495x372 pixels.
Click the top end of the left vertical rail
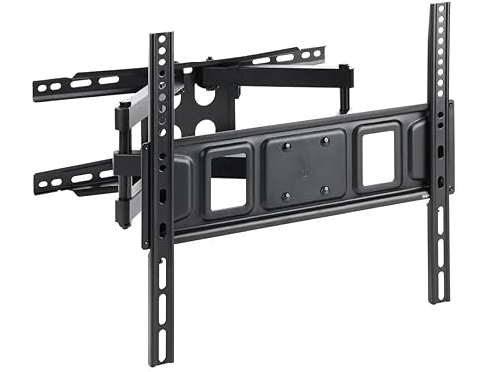pyautogui.click(x=161, y=38)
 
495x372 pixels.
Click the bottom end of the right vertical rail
pyautogui.click(x=439, y=297)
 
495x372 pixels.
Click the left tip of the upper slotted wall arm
pyautogui.click(x=39, y=91)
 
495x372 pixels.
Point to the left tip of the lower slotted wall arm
pyautogui.click(x=40, y=185)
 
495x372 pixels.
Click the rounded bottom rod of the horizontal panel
pyautogui.click(x=297, y=220)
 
